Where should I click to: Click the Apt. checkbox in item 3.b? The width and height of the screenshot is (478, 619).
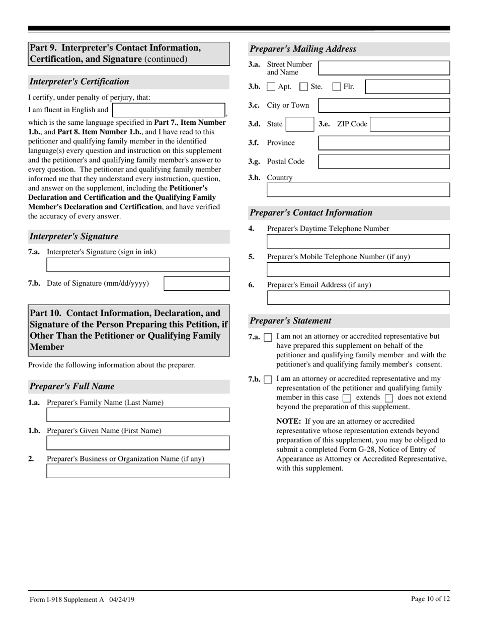pos(271,87)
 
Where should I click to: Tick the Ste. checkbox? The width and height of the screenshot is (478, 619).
pos(303,87)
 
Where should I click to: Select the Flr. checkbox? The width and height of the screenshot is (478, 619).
pos(337,87)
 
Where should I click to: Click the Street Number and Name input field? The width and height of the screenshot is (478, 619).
pos(384,68)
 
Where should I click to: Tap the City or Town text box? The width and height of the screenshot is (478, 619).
pos(384,106)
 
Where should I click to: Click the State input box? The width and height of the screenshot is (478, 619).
pos(300,124)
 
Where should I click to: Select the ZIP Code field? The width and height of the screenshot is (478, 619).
pos(410,124)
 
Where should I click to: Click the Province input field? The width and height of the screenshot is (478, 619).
pos(384,143)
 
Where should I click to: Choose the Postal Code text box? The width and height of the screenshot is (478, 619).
pos(384,162)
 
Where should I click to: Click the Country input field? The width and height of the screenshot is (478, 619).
pos(358,190)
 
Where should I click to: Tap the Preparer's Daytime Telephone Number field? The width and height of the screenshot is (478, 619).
pos(358,242)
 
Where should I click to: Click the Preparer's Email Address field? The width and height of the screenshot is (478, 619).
pos(358,298)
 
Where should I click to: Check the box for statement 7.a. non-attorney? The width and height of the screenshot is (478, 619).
pos(268,337)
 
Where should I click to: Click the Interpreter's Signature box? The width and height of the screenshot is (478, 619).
pos(138,265)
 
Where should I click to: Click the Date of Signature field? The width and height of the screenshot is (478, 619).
pos(197,284)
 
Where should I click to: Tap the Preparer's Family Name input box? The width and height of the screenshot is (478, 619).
pos(138,415)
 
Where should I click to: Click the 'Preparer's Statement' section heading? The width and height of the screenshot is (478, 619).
pos(291,321)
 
